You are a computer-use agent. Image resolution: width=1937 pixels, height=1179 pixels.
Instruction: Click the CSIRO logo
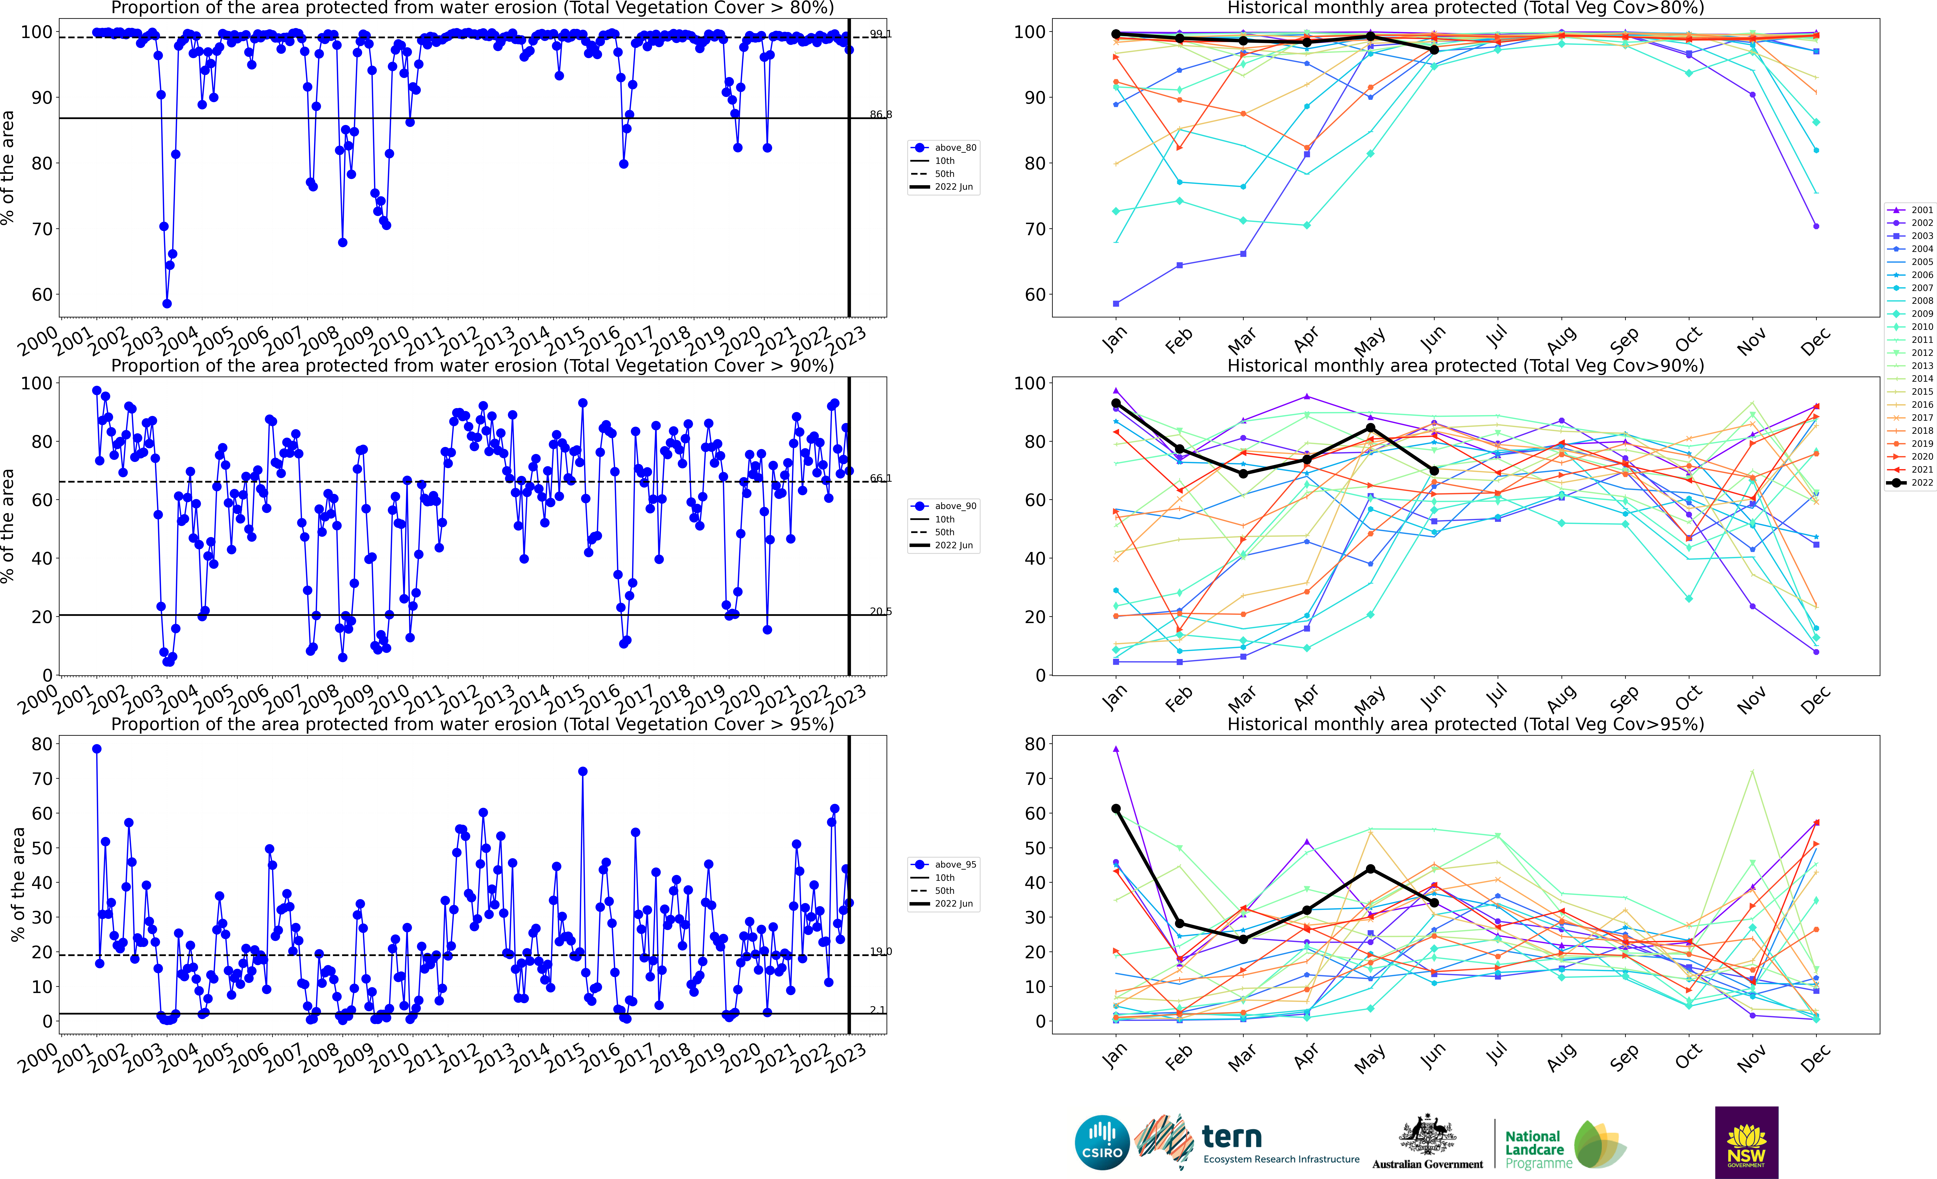1102,1142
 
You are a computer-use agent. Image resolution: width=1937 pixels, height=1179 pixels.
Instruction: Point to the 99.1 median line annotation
880,34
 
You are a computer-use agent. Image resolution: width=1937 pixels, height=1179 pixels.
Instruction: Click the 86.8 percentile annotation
880,115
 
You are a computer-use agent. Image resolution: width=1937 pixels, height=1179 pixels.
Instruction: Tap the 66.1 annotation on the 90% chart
880,478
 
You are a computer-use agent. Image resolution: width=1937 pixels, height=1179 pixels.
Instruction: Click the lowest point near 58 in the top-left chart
167,303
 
